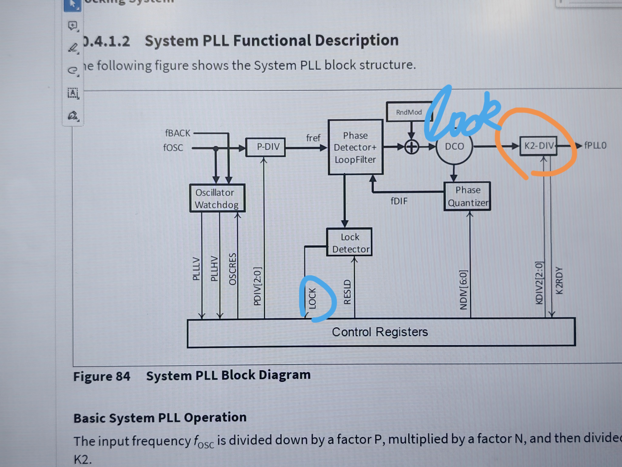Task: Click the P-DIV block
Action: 265,147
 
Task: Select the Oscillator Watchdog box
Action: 217,198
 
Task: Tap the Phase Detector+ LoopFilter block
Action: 355,147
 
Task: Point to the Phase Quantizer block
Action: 467,196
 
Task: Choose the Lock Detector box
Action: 350,243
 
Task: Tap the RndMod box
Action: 409,112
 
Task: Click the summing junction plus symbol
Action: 411,147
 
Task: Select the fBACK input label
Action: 178,133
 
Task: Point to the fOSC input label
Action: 173,147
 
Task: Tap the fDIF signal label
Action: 399,201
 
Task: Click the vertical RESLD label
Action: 348,292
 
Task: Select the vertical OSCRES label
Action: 232,269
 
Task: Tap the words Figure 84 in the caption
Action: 102,376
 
